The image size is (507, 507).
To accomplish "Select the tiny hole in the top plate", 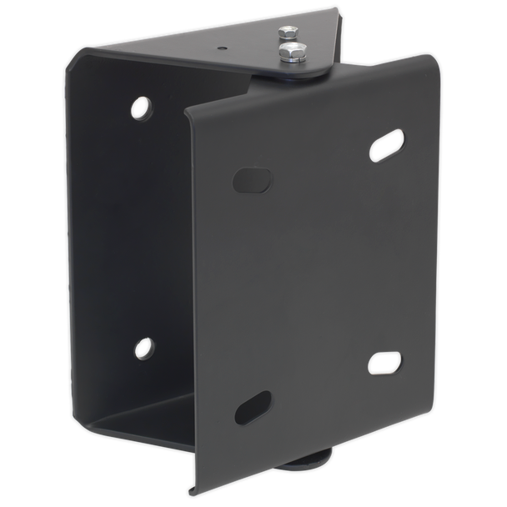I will (223, 49).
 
